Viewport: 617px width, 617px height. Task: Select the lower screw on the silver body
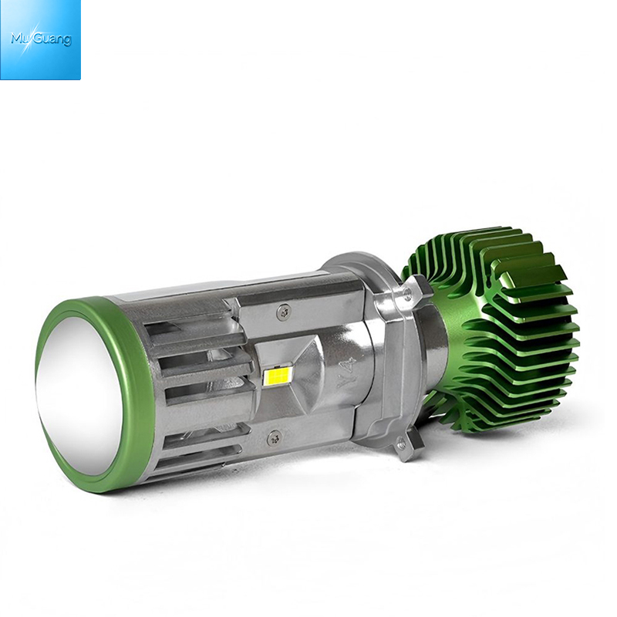[275, 437]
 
